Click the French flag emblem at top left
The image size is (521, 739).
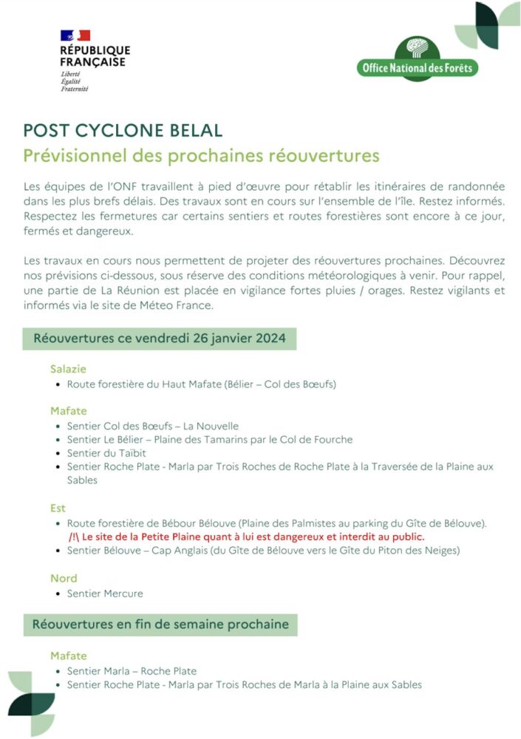tap(75, 35)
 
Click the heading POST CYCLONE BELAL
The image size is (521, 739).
tap(123, 131)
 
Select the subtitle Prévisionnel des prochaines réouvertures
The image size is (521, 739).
tap(201, 156)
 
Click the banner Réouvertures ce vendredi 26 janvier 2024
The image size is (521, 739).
tap(159, 339)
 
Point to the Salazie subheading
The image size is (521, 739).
tap(69, 369)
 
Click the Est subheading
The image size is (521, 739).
tap(58, 508)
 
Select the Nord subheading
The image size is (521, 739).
tap(64, 578)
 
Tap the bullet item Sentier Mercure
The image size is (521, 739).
tap(105, 593)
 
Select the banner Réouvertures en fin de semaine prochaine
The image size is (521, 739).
tap(160, 624)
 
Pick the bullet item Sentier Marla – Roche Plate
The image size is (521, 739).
tap(132, 671)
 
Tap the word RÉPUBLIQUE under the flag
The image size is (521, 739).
tap(95, 50)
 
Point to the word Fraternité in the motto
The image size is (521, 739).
tap(75, 89)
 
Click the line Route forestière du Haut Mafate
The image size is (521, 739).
tap(201, 384)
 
